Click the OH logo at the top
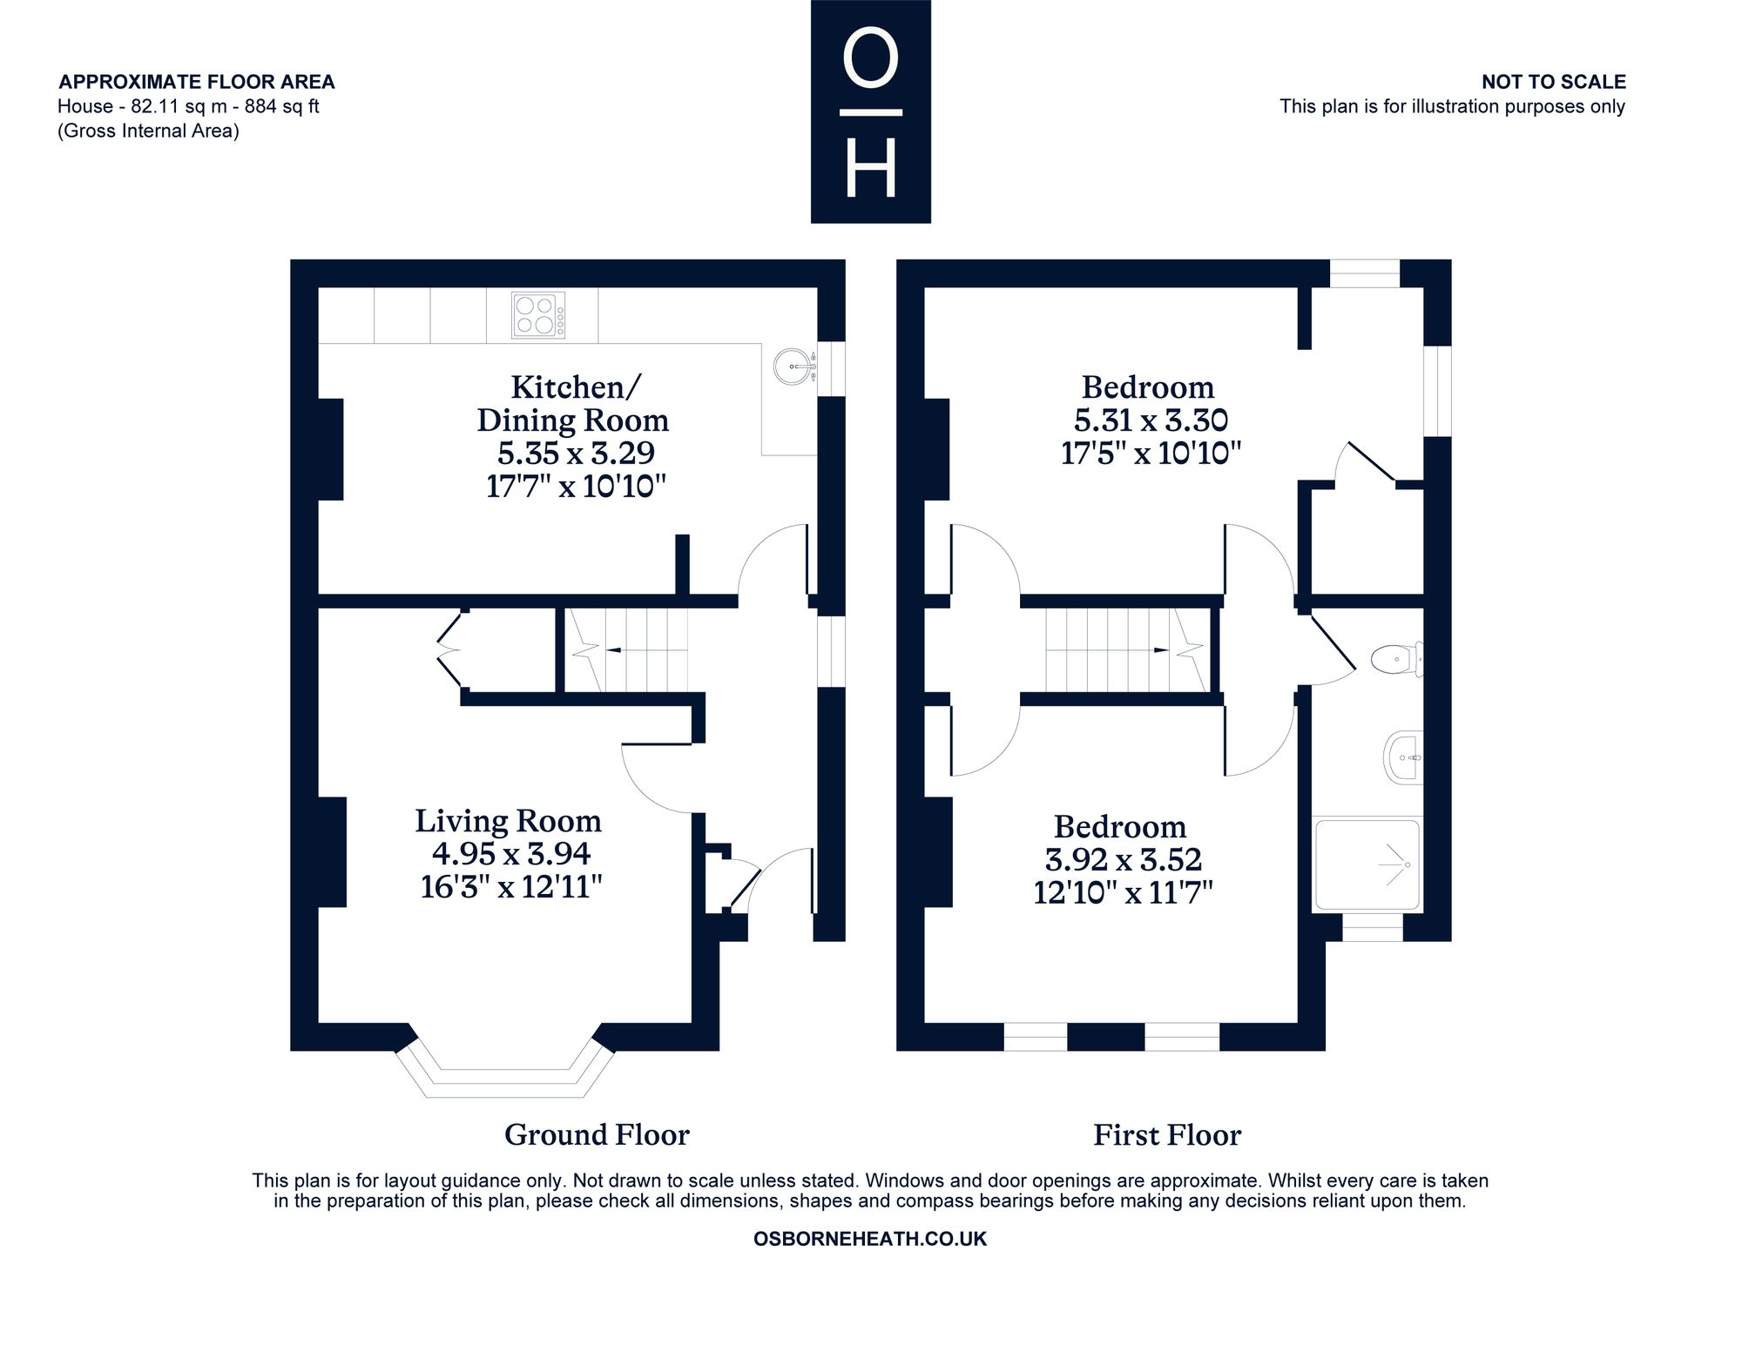coord(870,111)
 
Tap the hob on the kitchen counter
coord(538,315)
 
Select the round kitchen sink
coord(792,366)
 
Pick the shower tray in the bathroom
coord(1367,864)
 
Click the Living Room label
coord(508,821)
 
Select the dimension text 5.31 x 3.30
coord(1151,420)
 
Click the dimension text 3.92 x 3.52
coord(1124,860)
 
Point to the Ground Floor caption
coord(597,1135)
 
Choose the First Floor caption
coord(1167,1135)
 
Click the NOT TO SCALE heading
coord(1554,82)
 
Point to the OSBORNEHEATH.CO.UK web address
coord(870,1239)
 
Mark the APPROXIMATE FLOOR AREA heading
coord(197,82)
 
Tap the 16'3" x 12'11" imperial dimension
coord(511,887)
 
